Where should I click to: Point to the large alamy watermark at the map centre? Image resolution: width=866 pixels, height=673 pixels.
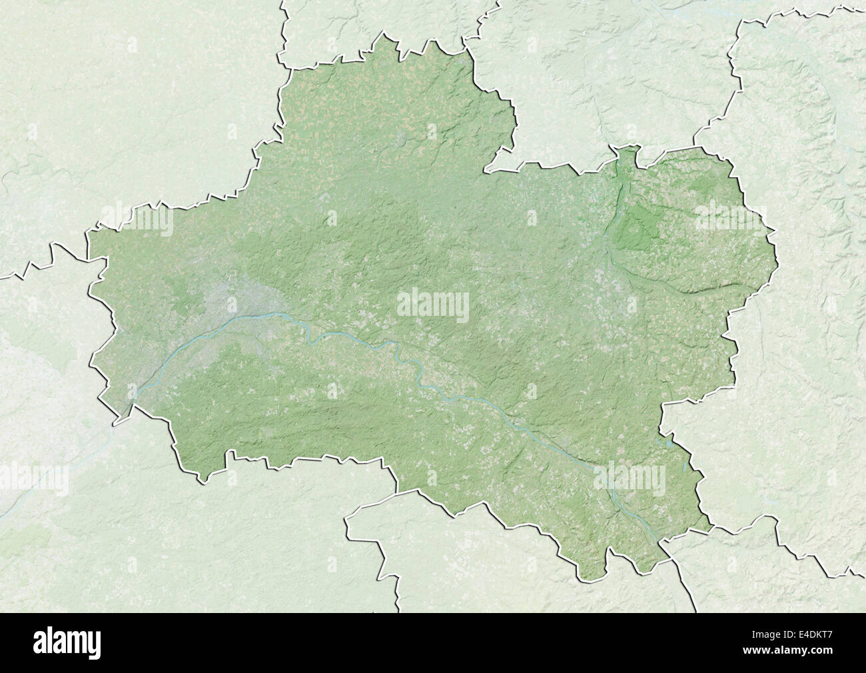pos(433,305)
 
